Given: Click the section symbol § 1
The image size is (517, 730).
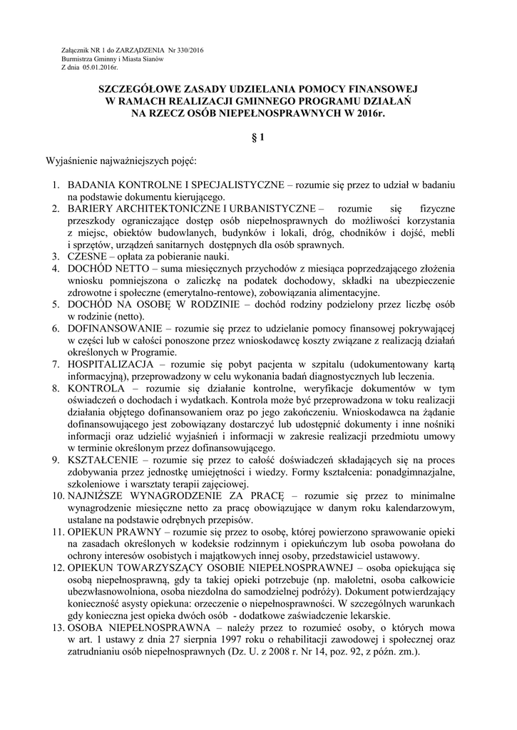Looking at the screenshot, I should (x=257, y=141).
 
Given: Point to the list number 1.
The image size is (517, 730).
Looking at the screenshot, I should (x=56, y=184).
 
